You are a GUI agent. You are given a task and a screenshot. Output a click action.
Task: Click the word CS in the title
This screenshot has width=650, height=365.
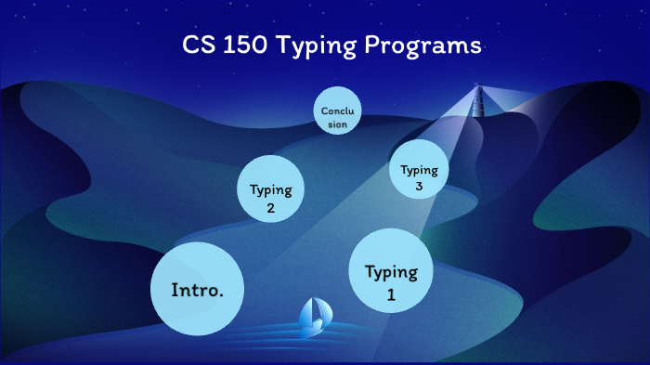click(195, 46)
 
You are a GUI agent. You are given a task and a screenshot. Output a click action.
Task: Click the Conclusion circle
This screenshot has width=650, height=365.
click(336, 111)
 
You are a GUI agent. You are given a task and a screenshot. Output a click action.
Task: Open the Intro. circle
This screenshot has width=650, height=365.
click(197, 288)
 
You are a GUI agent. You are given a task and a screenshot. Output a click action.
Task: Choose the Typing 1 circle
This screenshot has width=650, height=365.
click(391, 272)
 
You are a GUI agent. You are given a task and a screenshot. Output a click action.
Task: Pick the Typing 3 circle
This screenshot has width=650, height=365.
click(419, 171)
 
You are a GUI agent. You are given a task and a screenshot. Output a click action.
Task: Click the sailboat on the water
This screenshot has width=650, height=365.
click(313, 317)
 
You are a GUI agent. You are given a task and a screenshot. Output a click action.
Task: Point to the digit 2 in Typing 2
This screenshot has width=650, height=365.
click(270, 208)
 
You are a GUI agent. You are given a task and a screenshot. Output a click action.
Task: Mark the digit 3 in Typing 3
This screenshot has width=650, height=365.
click(419, 186)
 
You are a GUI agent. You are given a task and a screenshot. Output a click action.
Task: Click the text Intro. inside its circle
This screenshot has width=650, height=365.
click(197, 290)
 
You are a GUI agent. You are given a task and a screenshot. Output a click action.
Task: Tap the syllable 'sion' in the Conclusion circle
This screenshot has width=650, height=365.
click(336, 124)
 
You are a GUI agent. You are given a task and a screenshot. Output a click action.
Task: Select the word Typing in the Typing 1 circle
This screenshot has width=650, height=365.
click(391, 272)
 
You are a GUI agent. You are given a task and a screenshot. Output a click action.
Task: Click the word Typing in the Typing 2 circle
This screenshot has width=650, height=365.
click(270, 190)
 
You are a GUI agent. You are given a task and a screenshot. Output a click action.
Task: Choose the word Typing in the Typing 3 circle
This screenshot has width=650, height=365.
click(419, 170)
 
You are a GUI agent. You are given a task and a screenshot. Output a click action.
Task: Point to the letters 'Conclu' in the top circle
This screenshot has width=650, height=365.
click(336, 111)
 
